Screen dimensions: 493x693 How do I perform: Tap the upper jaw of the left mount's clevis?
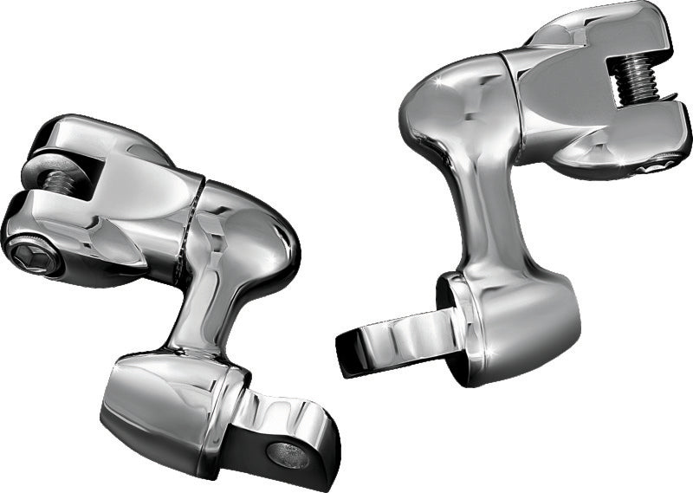pyautogui.click(x=69, y=139)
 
